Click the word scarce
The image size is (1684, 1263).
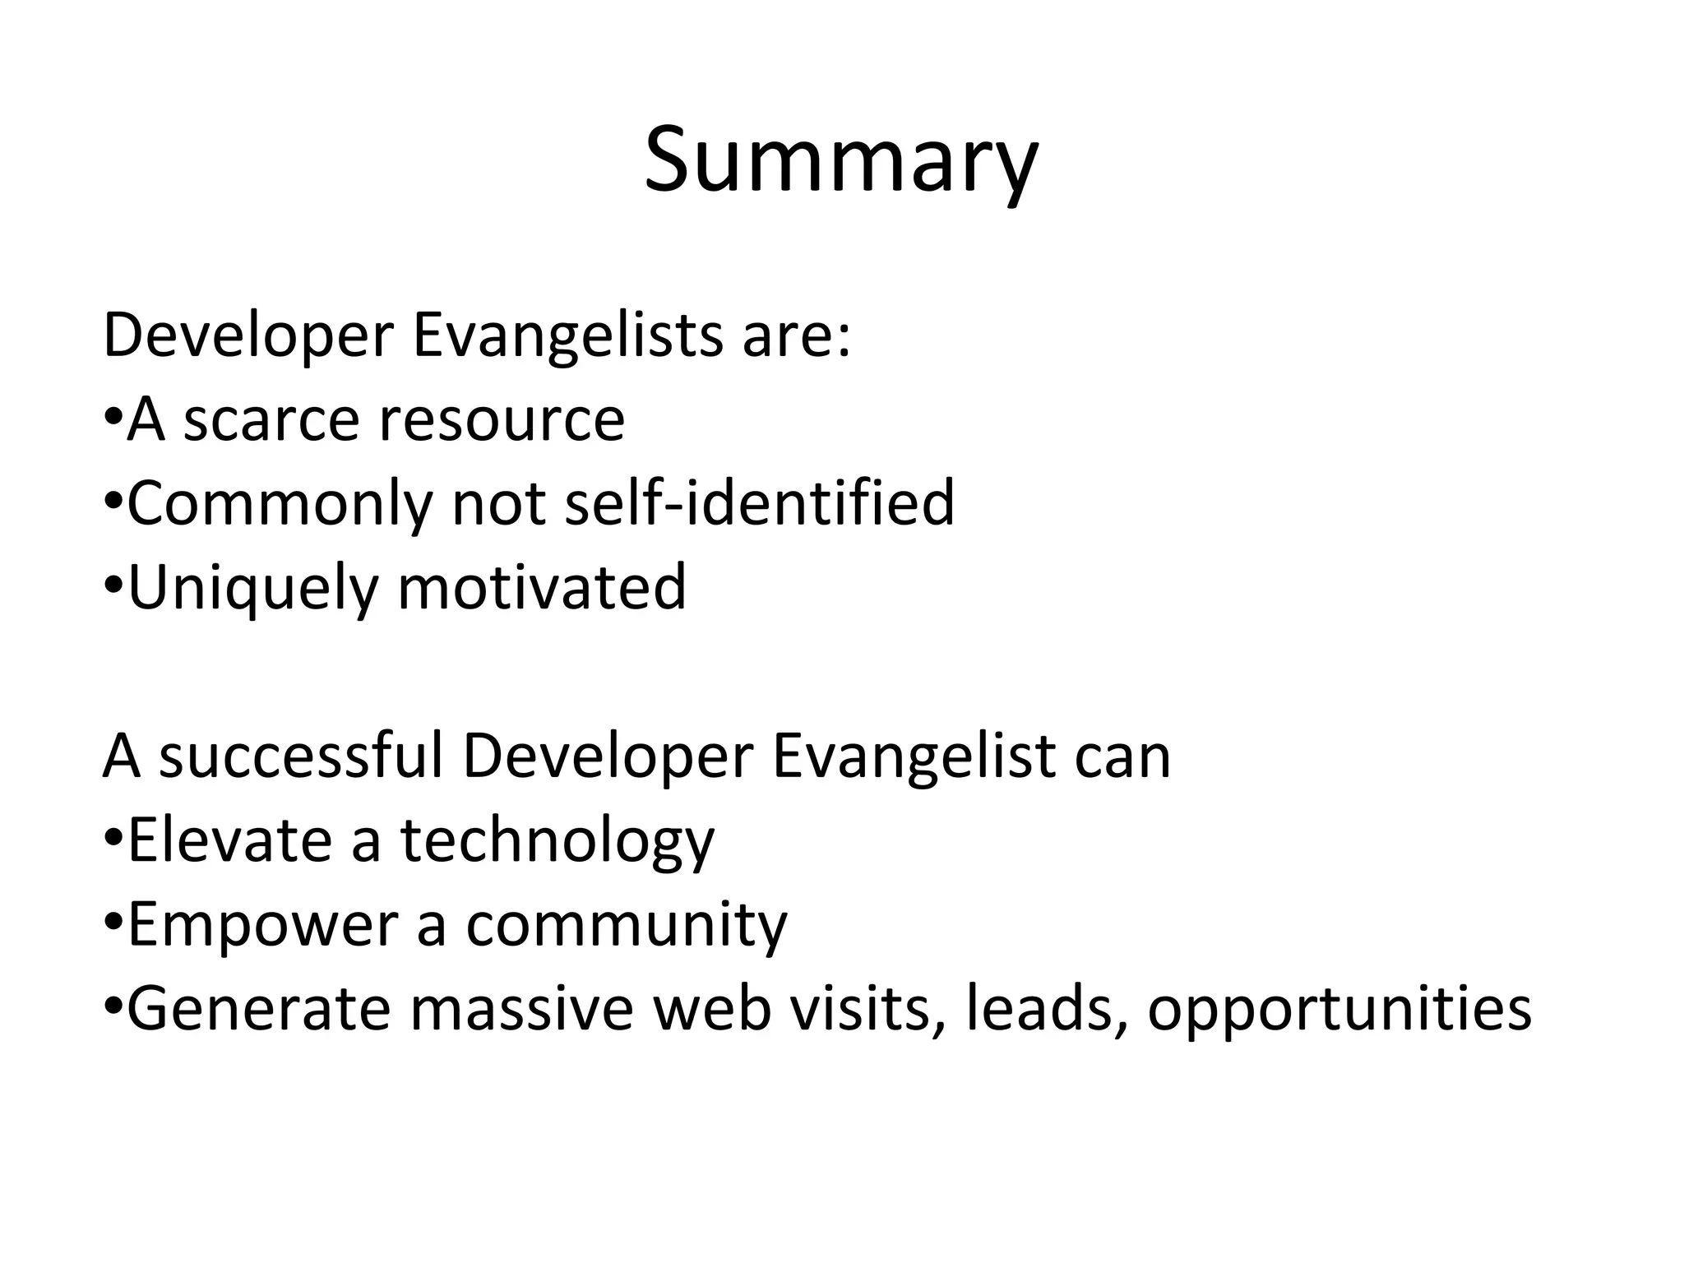[x=271, y=420]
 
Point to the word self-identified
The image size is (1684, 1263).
[x=760, y=503]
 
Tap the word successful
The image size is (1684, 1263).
[x=300, y=756]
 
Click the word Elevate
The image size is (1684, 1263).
[x=229, y=840]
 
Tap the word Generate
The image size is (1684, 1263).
[x=258, y=1010]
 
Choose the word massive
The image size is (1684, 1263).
[x=521, y=1010]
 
